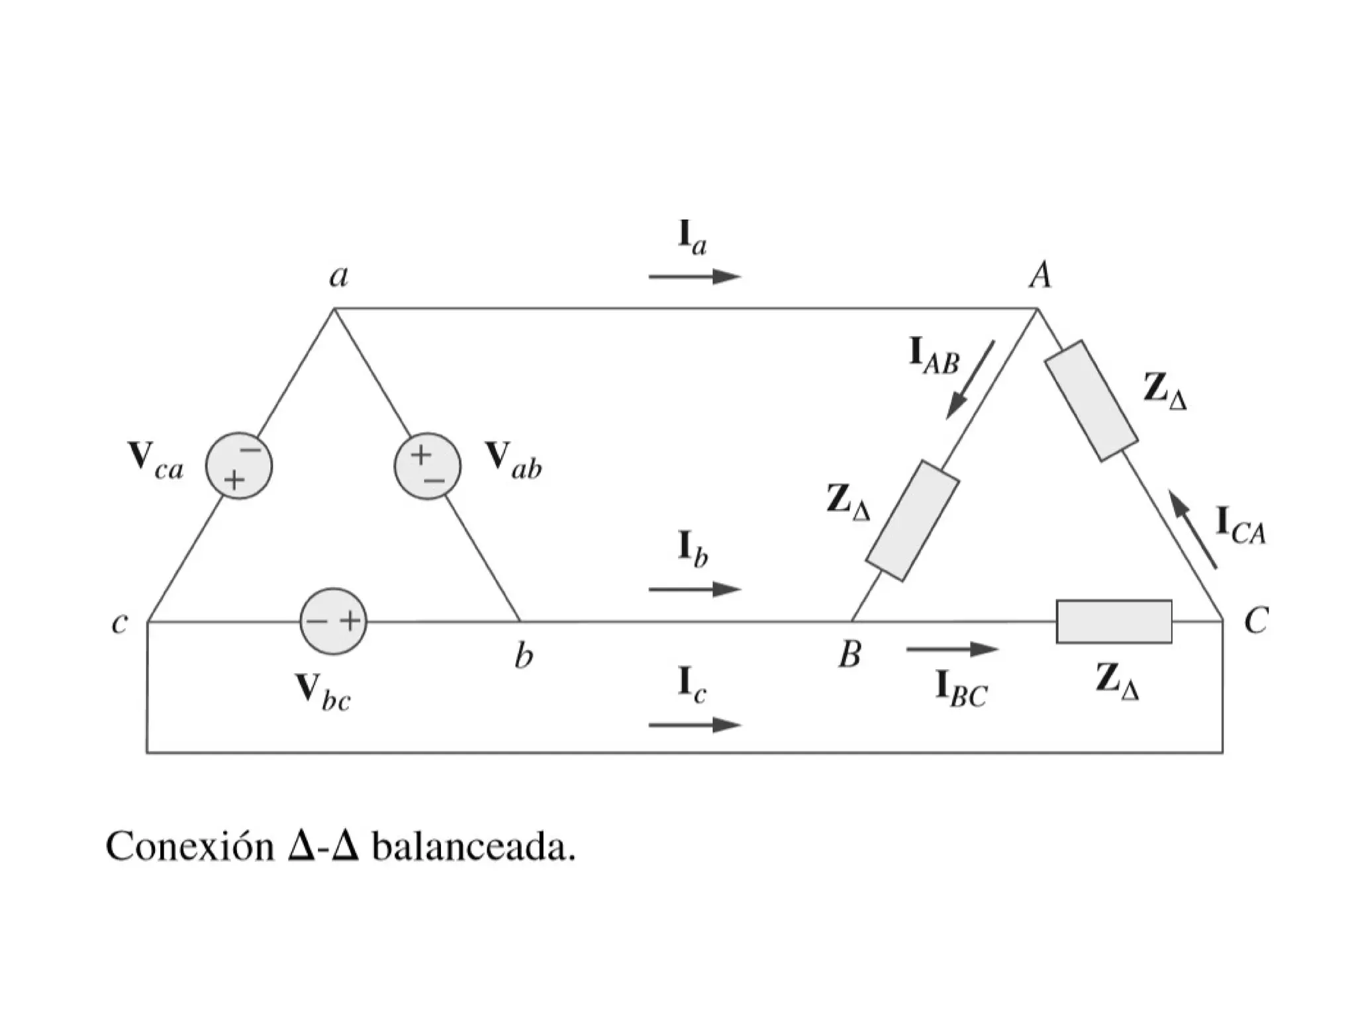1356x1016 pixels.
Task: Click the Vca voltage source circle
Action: coord(239,466)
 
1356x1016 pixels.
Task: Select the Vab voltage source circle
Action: coord(428,466)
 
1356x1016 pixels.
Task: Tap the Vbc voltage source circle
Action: coord(334,621)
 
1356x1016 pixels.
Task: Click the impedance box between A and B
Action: coord(913,521)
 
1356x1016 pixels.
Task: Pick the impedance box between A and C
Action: coord(1091,400)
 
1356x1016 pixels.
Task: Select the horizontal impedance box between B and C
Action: coord(1114,621)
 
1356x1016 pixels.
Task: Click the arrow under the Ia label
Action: coord(694,277)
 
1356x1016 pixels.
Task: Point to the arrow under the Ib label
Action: coord(694,588)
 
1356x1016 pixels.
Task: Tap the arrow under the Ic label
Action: coord(694,725)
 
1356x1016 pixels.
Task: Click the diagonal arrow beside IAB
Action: coord(970,380)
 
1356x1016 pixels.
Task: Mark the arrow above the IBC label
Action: coord(951,649)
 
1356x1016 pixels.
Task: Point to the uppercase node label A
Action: coord(1040,275)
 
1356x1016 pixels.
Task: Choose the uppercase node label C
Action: coord(1255,621)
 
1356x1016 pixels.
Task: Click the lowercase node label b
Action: coord(524,656)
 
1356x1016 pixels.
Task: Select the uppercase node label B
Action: coord(849,655)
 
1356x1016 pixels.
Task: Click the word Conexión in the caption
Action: coord(190,847)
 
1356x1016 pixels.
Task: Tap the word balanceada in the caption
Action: coord(473,847)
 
